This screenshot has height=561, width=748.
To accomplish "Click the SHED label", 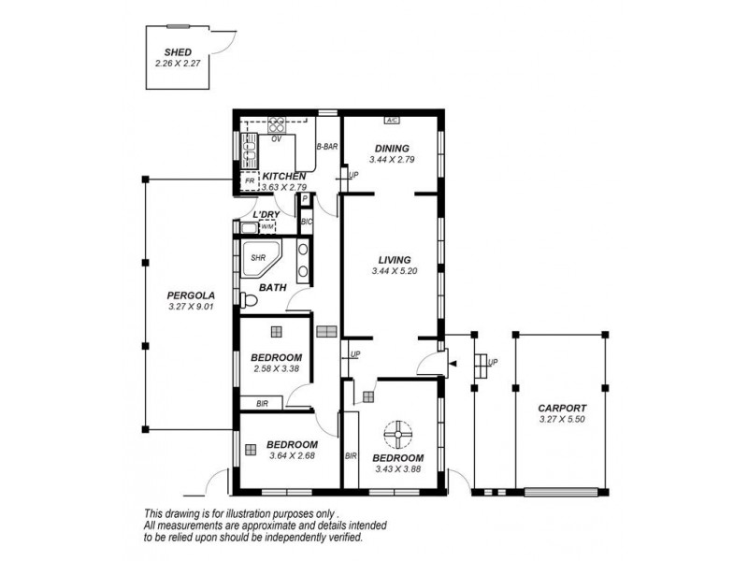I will [x=178, y=53].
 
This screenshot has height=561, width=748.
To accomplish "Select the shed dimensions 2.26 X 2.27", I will [x=178, y=64].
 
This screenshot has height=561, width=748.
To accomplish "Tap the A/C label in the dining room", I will [x=392, y=121].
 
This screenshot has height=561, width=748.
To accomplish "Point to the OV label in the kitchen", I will [x=277, y=138].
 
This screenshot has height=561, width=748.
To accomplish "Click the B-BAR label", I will [x=326, y=147].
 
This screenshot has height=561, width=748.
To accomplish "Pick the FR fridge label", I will [x=249, y=180].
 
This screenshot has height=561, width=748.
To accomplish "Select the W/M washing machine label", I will [x=266, y=226].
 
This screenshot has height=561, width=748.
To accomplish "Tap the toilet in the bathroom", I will [x=247, y=300].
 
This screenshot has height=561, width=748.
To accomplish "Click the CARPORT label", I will [x=562, y=409].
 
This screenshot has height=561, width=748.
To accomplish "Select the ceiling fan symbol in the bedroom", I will [x=397, y=433].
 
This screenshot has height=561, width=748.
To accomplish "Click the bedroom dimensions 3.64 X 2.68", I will [x=292, y=456].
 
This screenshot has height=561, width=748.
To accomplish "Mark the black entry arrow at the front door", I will [x=453, y=363].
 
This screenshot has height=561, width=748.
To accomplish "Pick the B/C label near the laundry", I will [x=306, y=222].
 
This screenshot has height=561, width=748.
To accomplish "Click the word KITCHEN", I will [x=284, y=176].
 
